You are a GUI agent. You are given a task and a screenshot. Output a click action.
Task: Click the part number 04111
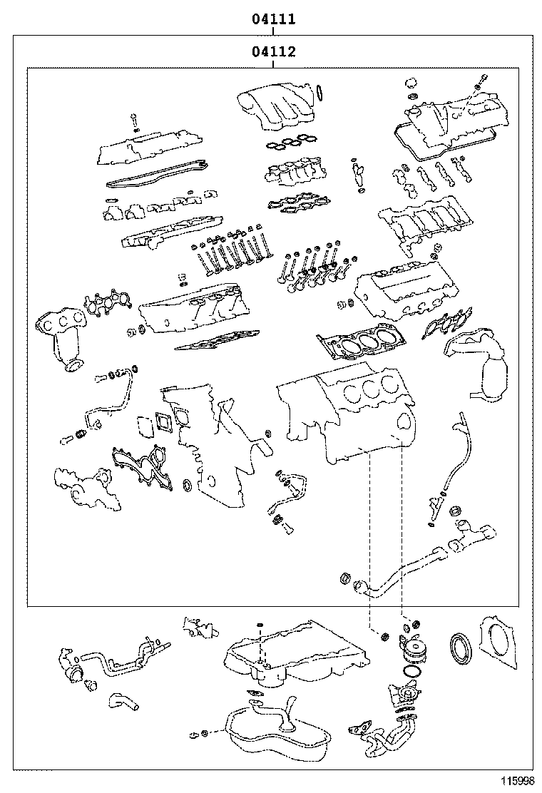273,19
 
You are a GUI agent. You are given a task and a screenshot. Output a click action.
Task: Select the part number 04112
273,51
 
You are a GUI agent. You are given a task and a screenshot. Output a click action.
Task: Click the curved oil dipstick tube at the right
454,456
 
